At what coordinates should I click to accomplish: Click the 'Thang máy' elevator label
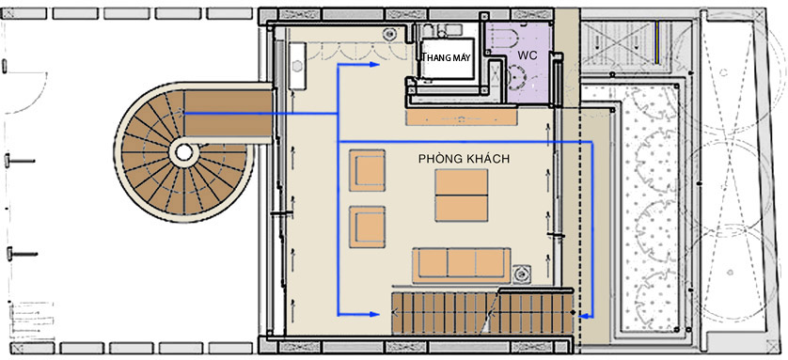(x=447, y=57)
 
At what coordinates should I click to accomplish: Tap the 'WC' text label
(x=527, y=55)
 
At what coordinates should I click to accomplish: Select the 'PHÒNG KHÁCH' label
(x=464, y=159)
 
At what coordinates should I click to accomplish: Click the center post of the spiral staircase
(x=184, y=152)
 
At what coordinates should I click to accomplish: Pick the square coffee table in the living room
(x=462, y=196)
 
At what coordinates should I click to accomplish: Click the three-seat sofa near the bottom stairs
(x=462, y=265)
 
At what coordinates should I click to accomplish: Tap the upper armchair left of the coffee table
(x=368, y=170)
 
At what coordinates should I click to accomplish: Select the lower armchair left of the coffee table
(x=368, y=227)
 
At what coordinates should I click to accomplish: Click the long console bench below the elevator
(x=462, y=118)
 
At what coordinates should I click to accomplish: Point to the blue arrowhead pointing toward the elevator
(x=374, y=64)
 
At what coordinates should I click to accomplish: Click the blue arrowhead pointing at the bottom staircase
(x=374, y=314)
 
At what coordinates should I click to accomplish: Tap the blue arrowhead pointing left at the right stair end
(x=583, y=317)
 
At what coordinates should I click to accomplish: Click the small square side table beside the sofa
(x=521, y=274)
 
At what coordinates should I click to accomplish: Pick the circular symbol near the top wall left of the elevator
(x=389, y=35)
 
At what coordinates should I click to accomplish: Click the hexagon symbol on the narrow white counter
(x=297, y=66)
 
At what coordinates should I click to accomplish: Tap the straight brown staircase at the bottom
(x=482, y=313)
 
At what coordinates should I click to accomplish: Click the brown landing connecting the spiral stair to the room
(x=229, y=114)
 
